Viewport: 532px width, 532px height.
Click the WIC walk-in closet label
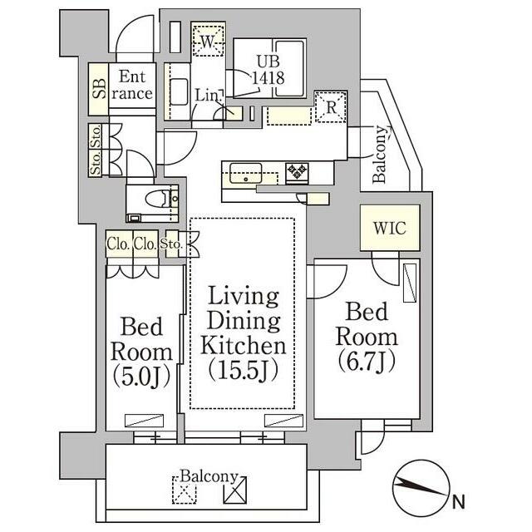tap(390, 229)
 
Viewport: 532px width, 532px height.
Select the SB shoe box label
tap(99, 89)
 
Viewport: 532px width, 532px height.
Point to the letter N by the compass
tap(458, 502)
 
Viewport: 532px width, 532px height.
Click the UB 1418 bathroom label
tap(268, 70)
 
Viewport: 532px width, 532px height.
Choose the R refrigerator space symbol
tap(331, 107)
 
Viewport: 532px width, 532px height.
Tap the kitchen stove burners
tap(298, 171)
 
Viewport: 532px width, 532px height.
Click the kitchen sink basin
tap(246, 173)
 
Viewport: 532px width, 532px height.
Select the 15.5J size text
tap(244, 370)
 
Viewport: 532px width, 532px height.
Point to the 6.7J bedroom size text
tap(367, 362)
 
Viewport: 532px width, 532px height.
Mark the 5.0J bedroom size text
tap(141, 377)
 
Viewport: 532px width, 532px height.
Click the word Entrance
tap(132, 85)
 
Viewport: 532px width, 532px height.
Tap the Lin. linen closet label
tap(208, 96)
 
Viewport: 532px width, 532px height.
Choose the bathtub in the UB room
tap(289, 68)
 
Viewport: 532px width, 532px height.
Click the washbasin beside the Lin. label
tap(179, 91)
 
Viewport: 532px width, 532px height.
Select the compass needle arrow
tap(420, 486)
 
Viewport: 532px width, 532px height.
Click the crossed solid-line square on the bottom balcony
tap(234, 490)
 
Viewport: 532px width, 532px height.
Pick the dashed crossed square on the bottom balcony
tap(185, 490)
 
